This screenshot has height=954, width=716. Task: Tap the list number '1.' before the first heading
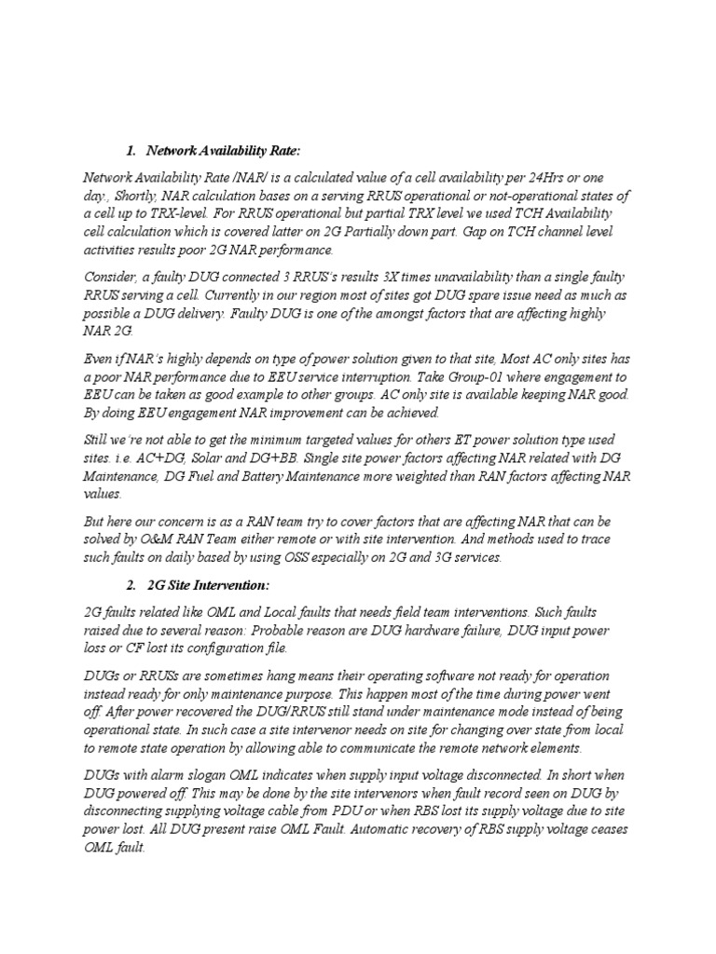pyautogui.click(x=131, y=151)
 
